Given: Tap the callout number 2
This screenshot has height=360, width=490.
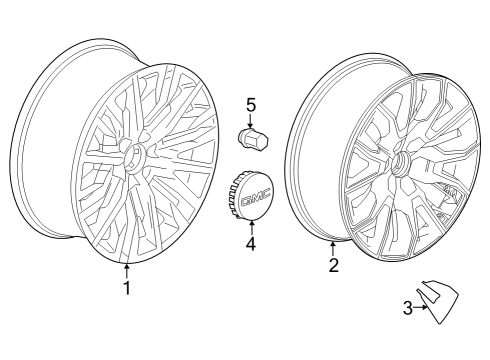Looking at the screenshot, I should coord(334,265).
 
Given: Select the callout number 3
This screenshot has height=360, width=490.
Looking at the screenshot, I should coord(408,308).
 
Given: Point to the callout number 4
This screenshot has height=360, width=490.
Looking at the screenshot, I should coord(251,243).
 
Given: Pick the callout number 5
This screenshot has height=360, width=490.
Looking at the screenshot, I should coord(251,104).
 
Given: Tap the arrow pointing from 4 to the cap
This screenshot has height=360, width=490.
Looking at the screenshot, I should coord(251,226).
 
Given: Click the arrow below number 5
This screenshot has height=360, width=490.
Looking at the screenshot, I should coord(251,120).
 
